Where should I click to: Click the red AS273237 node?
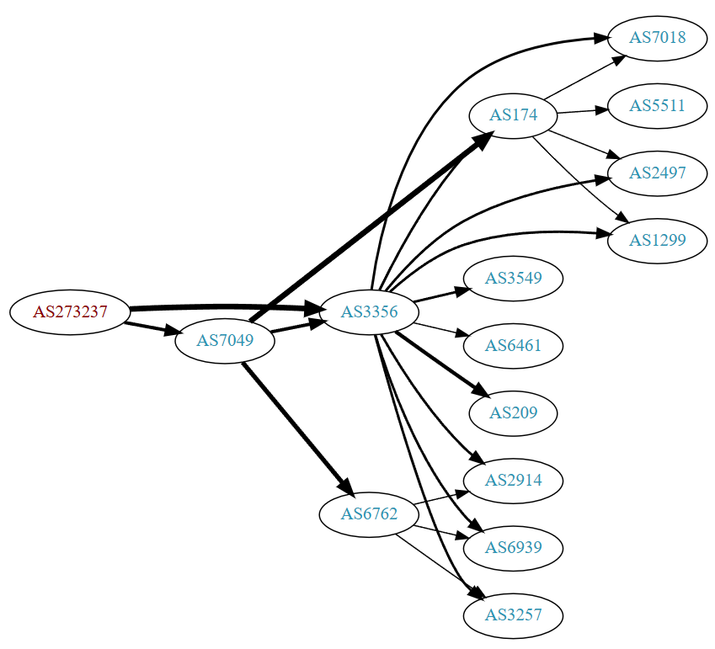coord(70,311)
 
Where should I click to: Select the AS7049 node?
coord(225,341)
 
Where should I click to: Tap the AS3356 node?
coord(370,312)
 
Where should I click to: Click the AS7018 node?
coord(658,38)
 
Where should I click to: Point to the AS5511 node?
coord(658,106)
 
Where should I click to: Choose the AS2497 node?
coord(658,173)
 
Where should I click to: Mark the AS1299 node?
coord(658,241)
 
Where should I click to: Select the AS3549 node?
coord(514,278)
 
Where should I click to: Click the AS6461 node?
coord(514,345)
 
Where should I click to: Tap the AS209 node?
coord(514,413)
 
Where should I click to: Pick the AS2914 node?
coord(514,481)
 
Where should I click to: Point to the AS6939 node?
coord(514,548)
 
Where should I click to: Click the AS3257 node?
coord(514,615)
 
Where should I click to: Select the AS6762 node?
coord(370,513)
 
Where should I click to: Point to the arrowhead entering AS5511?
coord(600,109)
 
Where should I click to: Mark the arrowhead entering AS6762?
coord(345,488)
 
